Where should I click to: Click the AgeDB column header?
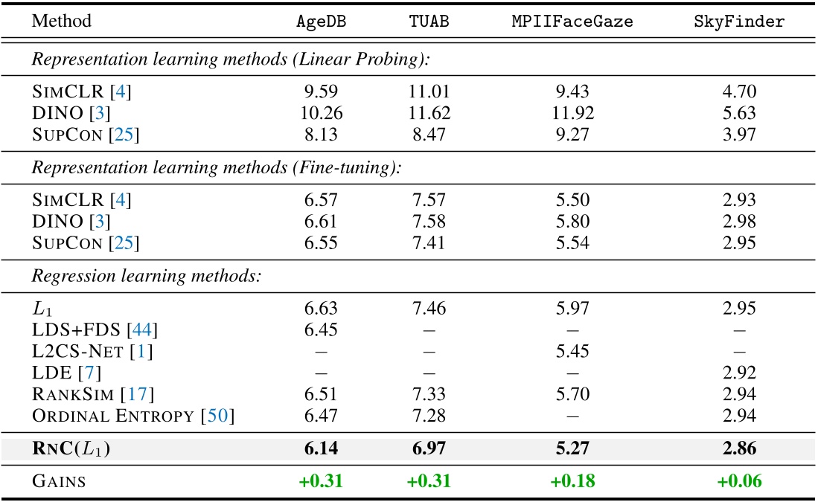(322, 21)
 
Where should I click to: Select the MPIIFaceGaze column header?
(572, 21)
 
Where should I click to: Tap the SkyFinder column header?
(738, 21)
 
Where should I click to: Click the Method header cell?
(62, 21)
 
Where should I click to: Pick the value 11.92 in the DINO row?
(572, 114)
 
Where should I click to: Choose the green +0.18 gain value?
(572, 480)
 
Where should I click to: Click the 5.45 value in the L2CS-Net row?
(572, 350)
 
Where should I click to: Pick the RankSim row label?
(80, 393)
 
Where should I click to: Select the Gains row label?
(59, 481)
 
